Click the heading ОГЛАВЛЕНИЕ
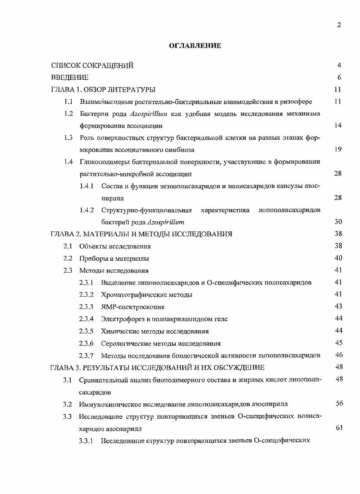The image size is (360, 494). click(195, 45)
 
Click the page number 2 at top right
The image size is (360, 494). click(339, 25)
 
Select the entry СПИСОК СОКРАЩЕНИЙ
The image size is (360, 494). click(92, 65)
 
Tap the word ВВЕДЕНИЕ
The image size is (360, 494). click(69, 78)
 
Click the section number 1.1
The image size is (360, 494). click(69, 102)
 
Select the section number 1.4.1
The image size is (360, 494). click(86, 186)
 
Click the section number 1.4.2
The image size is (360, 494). click(86, 210)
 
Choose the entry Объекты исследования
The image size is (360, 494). click(115, 246)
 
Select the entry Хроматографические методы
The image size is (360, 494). click(147, 295)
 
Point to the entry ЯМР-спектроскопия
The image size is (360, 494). click(133, 307)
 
